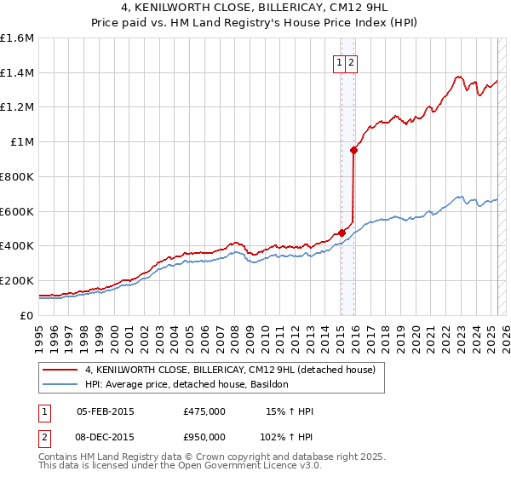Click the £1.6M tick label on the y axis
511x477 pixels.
tap(16, 38)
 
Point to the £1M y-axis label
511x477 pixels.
tap(21, 142)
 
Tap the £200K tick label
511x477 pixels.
tap(16, 280)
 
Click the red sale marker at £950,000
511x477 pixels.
tap(353, 150)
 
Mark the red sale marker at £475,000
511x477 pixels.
tap(341, 233)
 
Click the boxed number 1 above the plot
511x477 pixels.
tap(339, 61)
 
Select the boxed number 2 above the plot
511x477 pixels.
tap(351, 61)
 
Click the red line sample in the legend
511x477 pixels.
tap(60, 370)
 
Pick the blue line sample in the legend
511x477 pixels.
tap(60, 385)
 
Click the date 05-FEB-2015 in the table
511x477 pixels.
tap(106, 411)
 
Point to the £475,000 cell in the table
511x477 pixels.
tap(204, 411)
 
